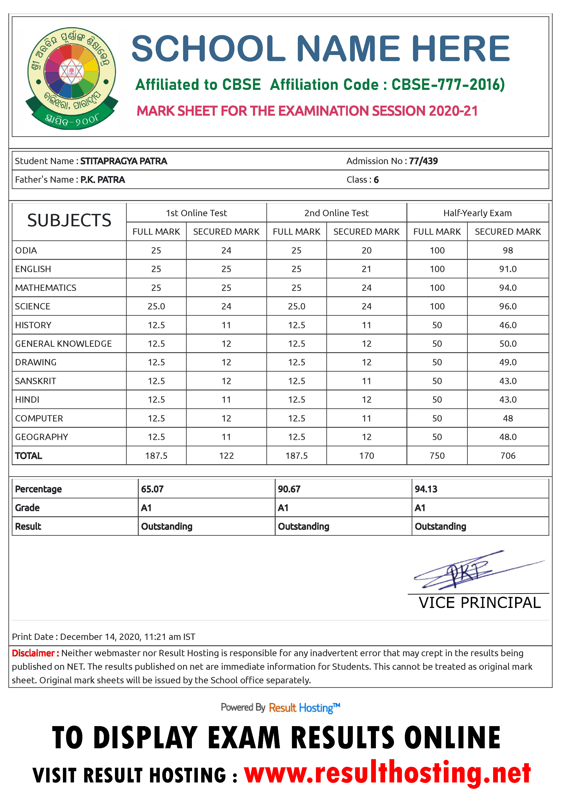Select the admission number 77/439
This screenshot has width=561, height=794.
[x=423, y=161]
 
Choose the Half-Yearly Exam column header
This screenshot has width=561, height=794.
[x=477, y=213]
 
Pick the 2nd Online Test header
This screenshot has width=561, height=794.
[x=336, y=213]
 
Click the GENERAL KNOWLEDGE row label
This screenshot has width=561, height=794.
[x=63, y=344]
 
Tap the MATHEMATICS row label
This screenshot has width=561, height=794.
[x=46, y=288]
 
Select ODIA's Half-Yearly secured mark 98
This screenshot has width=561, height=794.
[x=508, y=250]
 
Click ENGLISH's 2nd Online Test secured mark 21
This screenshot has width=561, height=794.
[x=366, y=269]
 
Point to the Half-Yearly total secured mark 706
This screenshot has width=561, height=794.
[x=508, y=456]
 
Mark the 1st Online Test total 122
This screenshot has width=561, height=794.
[x=226, y=456]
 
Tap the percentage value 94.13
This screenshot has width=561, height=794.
[x=426, y=489]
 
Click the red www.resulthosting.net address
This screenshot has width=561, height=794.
[x=387, y=773]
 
